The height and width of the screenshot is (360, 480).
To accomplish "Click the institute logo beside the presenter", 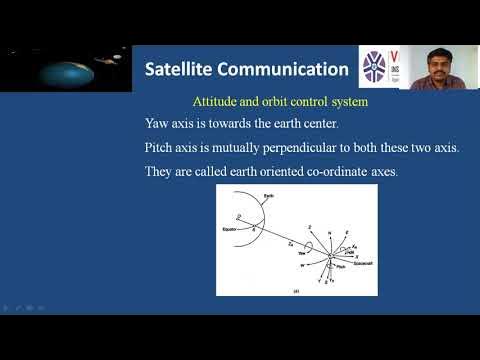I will (x=380, y=67).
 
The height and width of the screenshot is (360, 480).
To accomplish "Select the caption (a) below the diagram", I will (x=297, y=290).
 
